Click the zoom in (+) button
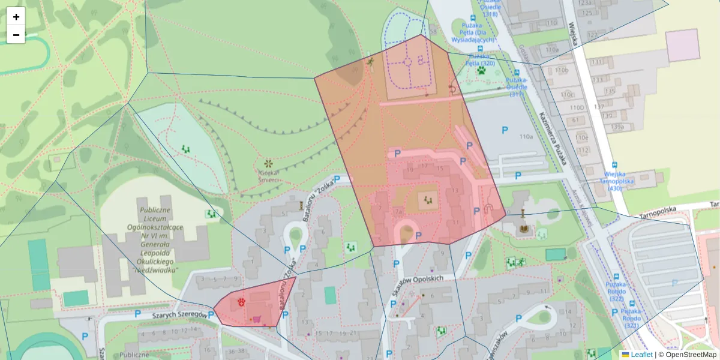(16, 17)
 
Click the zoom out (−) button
(16, 35)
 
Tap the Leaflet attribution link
(641, 355)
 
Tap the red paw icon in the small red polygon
(241, 301)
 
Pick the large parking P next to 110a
(505, 130)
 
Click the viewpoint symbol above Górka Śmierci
(268, 163)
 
